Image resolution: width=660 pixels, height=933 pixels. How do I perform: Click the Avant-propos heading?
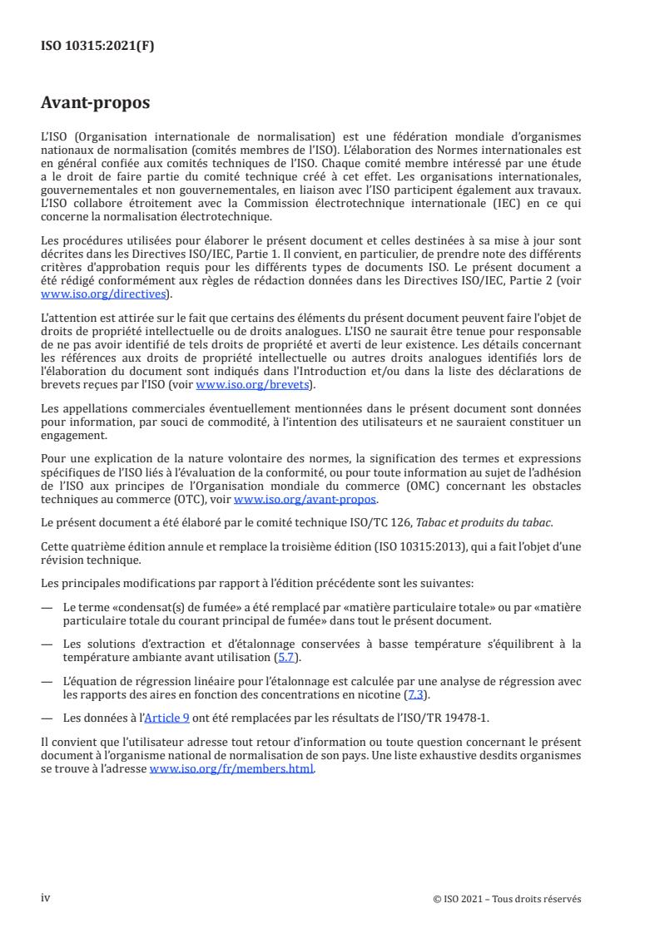pyautogui.click(x=96, y=105)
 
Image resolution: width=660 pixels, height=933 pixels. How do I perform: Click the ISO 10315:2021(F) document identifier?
pyautogui.click(x=97, y=47)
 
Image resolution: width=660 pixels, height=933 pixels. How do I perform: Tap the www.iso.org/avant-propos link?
pyautogui.click(x=305, y=499)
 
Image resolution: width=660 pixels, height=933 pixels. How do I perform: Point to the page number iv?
pyautogui.click(x=46, y=897)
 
